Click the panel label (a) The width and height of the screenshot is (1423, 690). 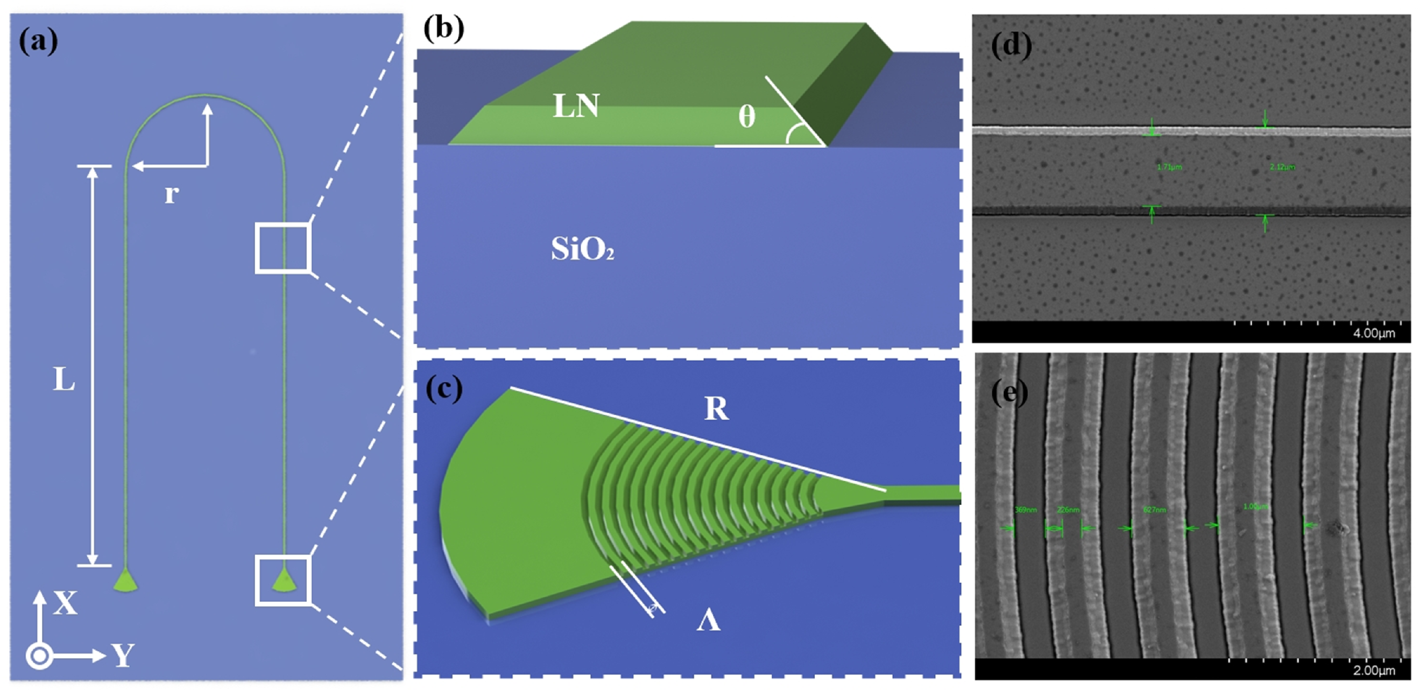coord(38,42)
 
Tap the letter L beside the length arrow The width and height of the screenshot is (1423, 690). coord(64,380)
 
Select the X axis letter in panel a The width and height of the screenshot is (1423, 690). coord(65,603)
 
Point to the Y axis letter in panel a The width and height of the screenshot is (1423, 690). coord(123,655)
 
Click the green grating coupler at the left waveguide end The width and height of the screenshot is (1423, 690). coord(125,581)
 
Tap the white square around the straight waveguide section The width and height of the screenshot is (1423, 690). coord(282,248)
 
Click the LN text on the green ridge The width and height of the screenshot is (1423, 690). coord(576,106)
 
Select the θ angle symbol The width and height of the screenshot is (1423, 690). coord(747,117)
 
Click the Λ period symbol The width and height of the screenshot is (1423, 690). coord(708,621)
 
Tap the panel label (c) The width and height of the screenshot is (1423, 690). coord(444,389)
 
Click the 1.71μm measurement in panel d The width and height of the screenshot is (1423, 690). coord(1169,167)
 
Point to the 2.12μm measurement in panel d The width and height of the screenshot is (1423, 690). coord(1282,167)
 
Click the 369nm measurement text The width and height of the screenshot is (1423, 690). coord(1025,510)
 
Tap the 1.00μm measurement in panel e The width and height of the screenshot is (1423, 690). coord(1255,507)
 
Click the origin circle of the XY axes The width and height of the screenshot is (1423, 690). coord(39,656)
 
